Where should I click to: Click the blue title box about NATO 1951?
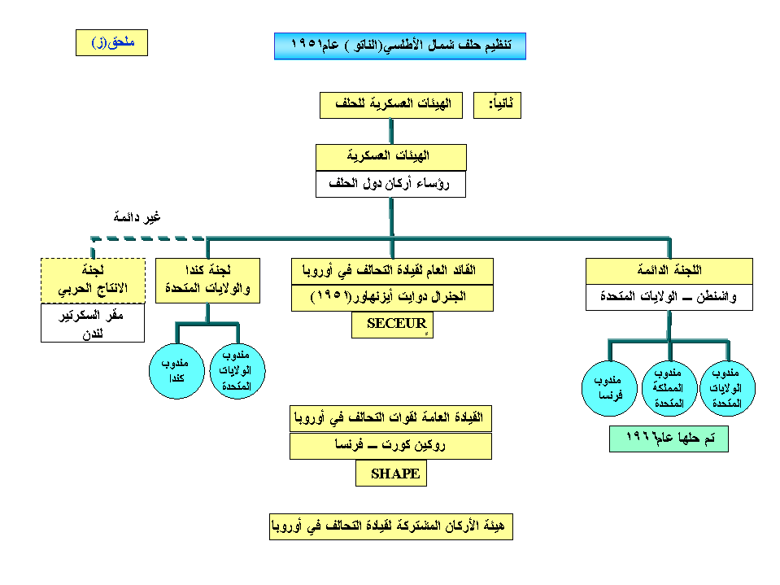point(399,46)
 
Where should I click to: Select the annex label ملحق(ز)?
point(111,43)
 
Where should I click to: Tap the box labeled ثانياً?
point(497,105)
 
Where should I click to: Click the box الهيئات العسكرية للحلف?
point(390,105)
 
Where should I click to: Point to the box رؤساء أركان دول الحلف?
point(390,184)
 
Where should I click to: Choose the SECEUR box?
point(393,324)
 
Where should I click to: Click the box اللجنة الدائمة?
point(669,270)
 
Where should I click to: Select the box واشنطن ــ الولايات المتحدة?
point(669,297)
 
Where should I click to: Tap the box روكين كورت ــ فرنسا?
point(390,446)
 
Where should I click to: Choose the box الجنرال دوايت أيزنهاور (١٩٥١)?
point(392,298)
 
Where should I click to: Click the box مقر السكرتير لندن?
point(93,323)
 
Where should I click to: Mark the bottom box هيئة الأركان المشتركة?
point(390,526)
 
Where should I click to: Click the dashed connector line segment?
point(146,238)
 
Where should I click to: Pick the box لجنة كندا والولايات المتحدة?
point(207,281)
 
